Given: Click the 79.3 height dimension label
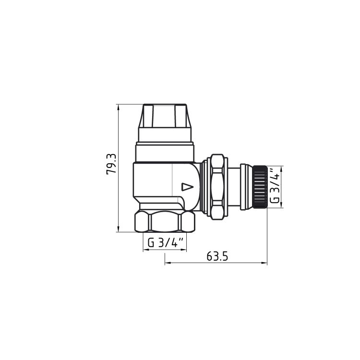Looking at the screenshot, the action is [111, 164].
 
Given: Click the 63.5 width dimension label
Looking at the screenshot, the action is [217, 256].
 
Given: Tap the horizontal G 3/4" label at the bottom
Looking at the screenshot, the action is [165, 242].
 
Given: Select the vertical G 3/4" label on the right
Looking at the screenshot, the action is [275, 186].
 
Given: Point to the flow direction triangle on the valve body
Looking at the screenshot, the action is [187, 187].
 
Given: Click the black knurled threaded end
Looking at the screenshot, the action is [260, 187].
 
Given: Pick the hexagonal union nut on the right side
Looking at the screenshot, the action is [217, 187].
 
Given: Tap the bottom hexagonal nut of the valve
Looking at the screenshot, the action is [165, 221].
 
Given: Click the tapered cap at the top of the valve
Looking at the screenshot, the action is [165, 116].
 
